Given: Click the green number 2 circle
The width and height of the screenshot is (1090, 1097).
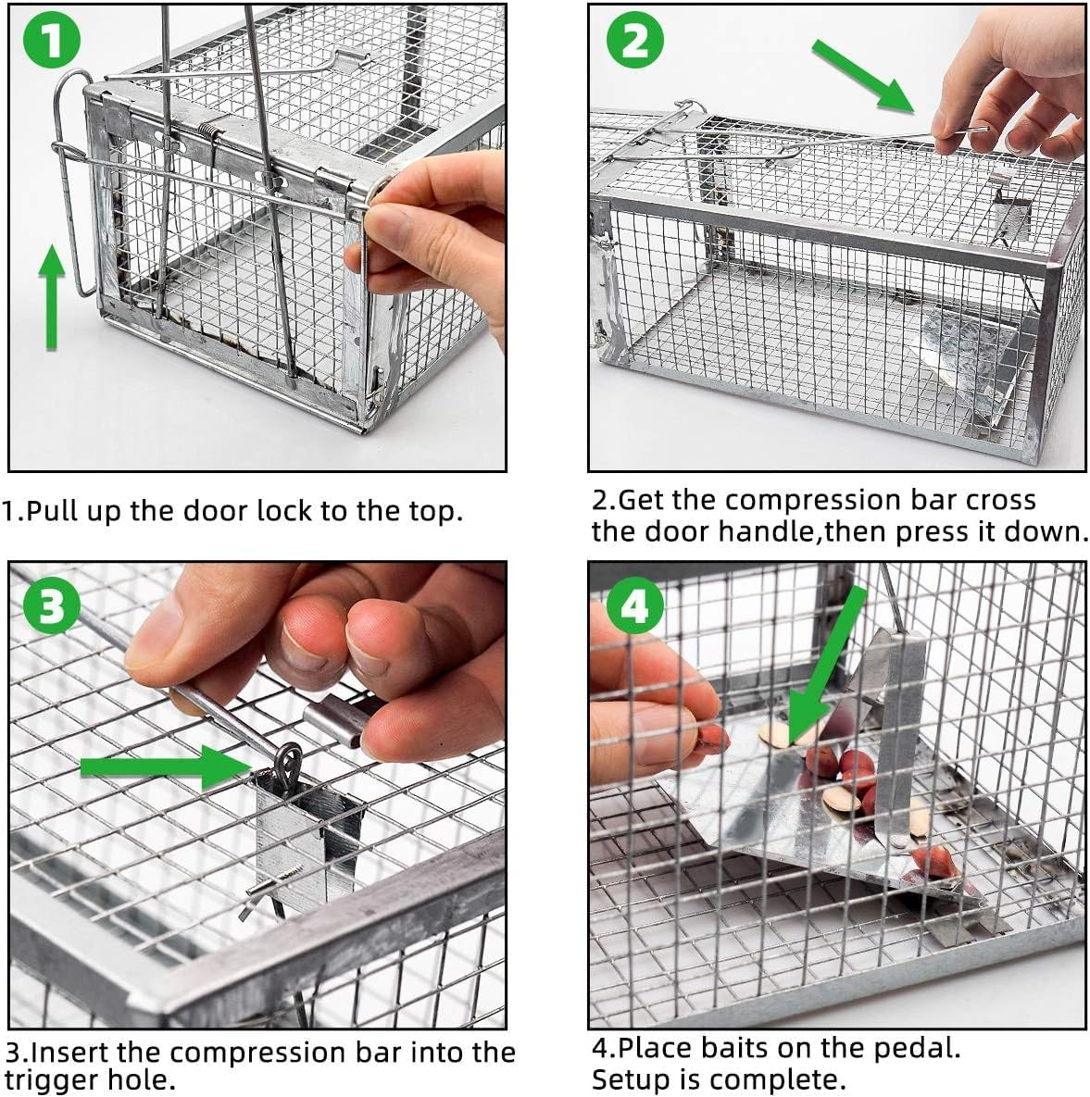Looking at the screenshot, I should tap(634, 42).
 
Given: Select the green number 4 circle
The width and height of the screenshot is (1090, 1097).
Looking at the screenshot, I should tap(634, 608).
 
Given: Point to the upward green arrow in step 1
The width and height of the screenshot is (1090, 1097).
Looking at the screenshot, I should tap(53, 296).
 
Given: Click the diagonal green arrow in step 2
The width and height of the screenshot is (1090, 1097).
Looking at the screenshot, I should tap(863, 76).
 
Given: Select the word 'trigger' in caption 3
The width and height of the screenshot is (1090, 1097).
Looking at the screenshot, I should tap(53, 1079).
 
